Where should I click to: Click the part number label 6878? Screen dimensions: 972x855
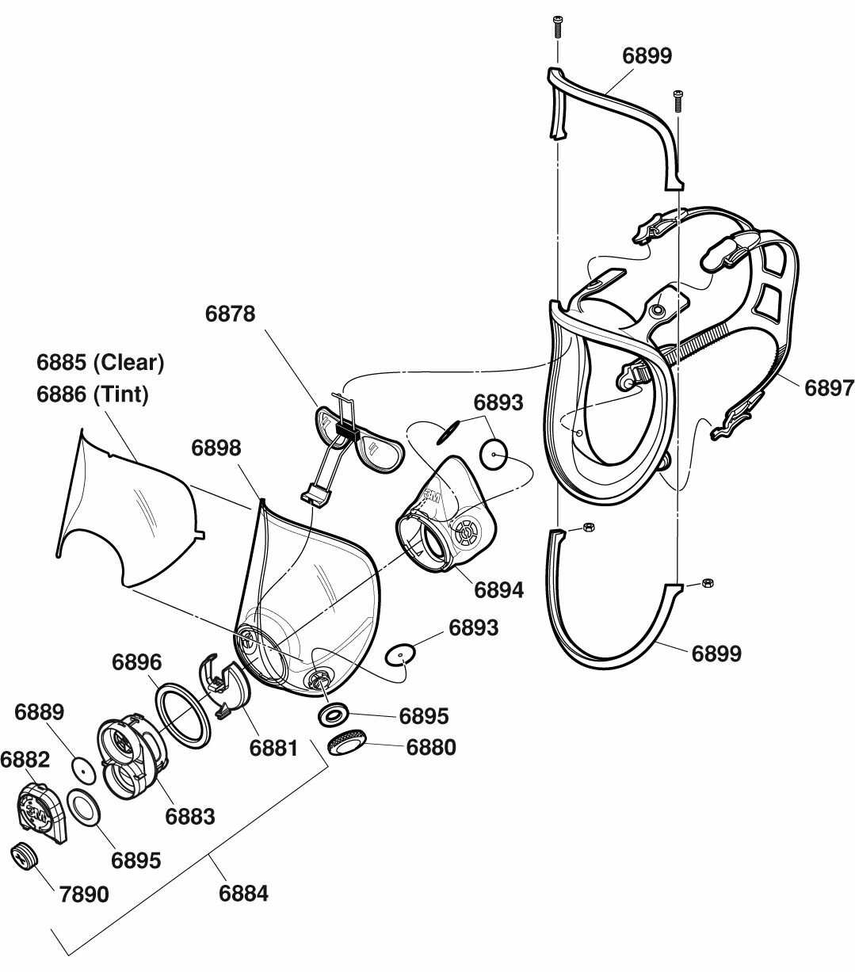pyautogui.click(x=230, y=314)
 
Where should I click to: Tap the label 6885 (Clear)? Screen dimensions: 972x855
pyautogui.click(x=100, y=363)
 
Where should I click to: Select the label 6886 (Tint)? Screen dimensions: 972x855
pyautogui.click(x=92, y=394)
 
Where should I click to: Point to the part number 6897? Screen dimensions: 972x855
pyautogui.click(x=829, y=387)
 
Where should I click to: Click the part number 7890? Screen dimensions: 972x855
pyautogui.click(x=84, y=894)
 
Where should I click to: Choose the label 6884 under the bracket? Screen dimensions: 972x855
pyautogui.click(x=243, y=894)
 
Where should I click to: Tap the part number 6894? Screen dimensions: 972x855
pyautogui.click(x=498, y=589)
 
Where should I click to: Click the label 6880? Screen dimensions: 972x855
pyautogui.click(x=431, y=747)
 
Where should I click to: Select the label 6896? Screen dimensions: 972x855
pyautogui.click(x=136, y=662)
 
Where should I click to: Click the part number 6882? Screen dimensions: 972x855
pyautogui.click(x=25, y=760)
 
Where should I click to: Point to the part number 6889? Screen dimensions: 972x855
pyautogui.click(x=40, y=711)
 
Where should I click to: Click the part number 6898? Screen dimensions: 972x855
pyautogui.click(x=216, y=448)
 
